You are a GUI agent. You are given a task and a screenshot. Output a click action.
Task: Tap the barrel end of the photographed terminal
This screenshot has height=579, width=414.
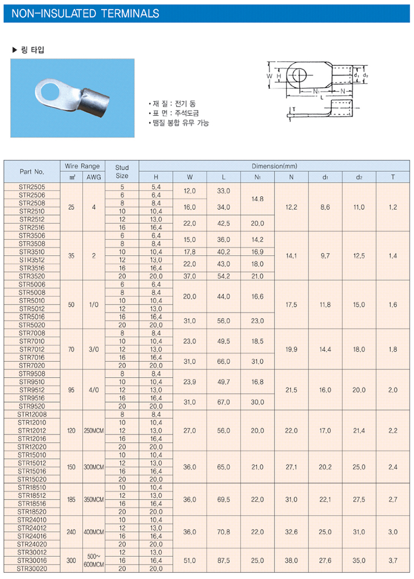tap(93, 103)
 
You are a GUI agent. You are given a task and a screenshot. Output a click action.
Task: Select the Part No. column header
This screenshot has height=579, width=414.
tap(32, 171)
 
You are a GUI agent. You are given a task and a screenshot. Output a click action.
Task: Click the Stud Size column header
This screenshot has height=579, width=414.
tap(122, 171)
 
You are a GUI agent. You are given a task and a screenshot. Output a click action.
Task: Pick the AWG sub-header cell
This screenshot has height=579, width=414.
tap(94, 176)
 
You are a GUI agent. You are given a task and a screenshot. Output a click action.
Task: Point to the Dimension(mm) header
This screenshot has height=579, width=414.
tap(274, 166)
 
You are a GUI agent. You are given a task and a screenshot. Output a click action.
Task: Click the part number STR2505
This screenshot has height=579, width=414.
tap(32, 187)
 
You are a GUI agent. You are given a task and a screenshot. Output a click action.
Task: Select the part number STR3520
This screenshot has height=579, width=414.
tap(32, 276)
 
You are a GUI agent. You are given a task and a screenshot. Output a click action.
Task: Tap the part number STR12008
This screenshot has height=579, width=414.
tap(32, 415)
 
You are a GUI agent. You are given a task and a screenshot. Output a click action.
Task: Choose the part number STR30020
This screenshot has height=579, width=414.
tap(32, 568)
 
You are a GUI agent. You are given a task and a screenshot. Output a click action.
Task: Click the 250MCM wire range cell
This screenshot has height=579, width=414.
tap(94, 431)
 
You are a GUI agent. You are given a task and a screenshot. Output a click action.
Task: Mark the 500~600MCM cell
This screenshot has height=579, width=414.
tap(94, 560)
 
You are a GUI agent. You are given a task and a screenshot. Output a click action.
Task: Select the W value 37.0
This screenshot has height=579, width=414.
tap(189, 276)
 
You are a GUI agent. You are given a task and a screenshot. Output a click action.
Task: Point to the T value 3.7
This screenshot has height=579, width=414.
tap(392, 560)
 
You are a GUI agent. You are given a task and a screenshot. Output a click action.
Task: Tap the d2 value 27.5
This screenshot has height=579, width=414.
tap(359, 500)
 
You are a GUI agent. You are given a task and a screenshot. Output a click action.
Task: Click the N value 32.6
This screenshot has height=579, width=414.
tap(291, 532)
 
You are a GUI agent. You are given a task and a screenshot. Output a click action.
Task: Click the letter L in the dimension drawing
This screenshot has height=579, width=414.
tap(322, 98)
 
